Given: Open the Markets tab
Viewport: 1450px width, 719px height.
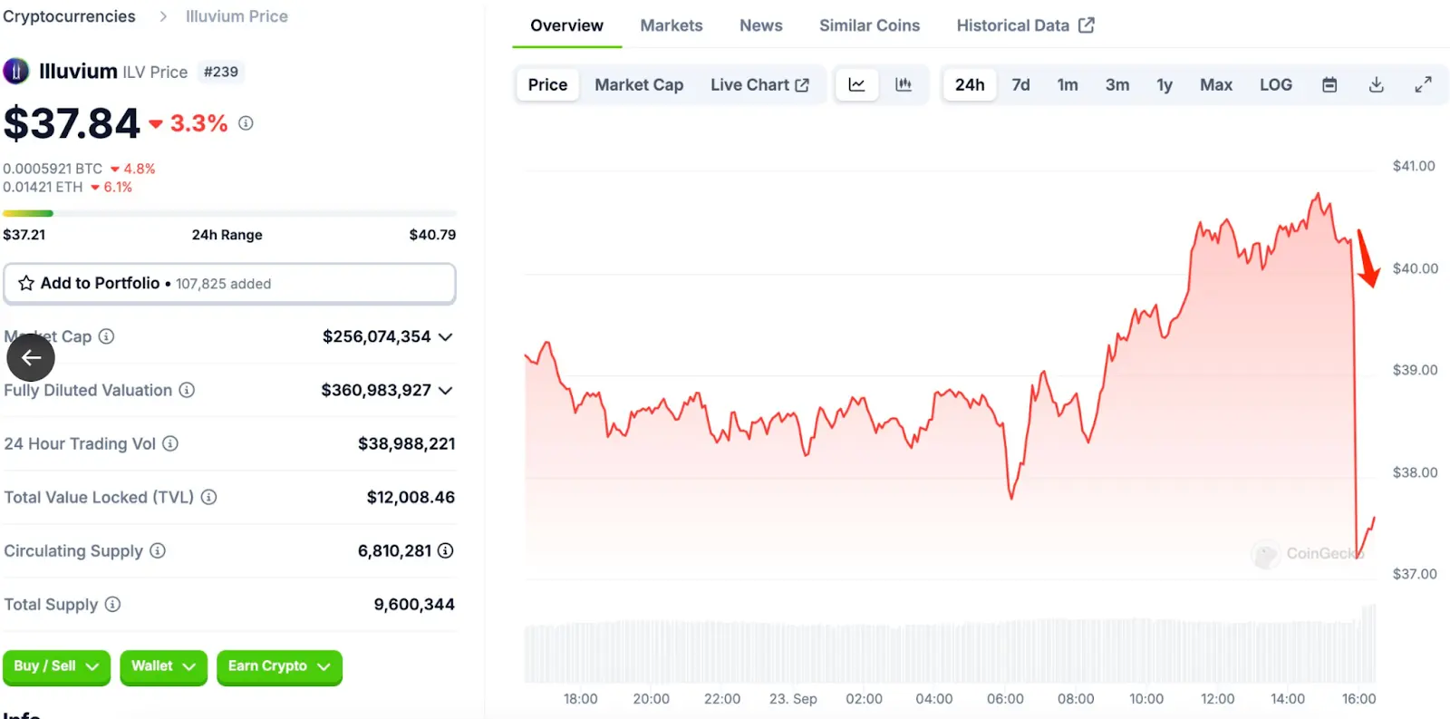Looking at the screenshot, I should pos(671,25).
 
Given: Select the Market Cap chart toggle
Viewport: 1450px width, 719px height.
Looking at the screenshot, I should pos(639,84).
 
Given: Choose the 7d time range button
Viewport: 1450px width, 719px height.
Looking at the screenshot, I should pos(1020,84).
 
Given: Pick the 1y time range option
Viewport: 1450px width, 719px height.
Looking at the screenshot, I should pos(1165,84).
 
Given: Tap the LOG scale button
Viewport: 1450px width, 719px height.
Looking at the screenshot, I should pos(1275,84).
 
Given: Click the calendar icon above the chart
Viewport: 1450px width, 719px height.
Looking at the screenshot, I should pos(1329,84).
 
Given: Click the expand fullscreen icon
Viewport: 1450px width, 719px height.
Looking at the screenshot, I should pos(1423,84).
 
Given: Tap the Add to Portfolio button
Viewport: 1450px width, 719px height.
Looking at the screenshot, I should pos(229,284).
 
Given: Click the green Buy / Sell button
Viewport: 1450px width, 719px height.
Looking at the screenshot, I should pos(56,666).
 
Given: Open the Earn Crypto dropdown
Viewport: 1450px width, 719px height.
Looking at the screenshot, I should pos(279,666).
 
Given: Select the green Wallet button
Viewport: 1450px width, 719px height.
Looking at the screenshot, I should pos(163,666).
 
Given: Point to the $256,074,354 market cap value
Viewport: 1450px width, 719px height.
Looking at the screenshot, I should pos(376,336).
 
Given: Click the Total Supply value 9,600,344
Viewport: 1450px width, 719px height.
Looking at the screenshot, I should pos(414,604).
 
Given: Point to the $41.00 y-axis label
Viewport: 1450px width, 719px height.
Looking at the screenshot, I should pos(1414,166).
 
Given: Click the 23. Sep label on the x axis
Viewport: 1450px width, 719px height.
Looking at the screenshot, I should pos(793,699).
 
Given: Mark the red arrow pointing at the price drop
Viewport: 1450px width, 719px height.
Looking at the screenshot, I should pos(1368,258).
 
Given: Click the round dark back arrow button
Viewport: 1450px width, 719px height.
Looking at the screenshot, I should pos(31,357).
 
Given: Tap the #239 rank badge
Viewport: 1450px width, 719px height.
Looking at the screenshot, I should pos(221,72).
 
